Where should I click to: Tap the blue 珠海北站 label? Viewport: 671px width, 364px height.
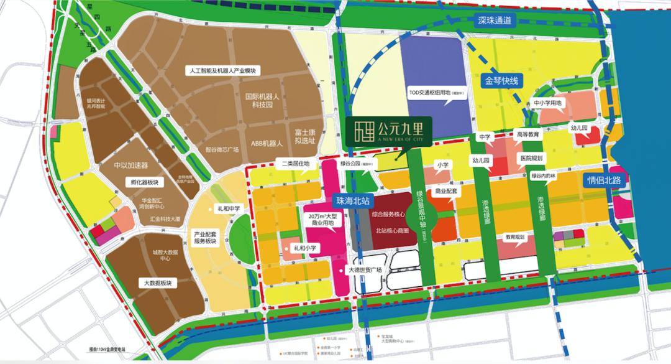[352, 201]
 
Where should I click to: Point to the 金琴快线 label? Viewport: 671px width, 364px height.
[502, 80]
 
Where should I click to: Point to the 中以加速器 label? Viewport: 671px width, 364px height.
[131, 166]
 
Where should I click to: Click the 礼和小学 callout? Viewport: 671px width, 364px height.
[305, 248]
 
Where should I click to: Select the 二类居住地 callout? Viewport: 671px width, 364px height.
[296, 164]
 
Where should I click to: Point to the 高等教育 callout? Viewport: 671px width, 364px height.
[526, 134]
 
